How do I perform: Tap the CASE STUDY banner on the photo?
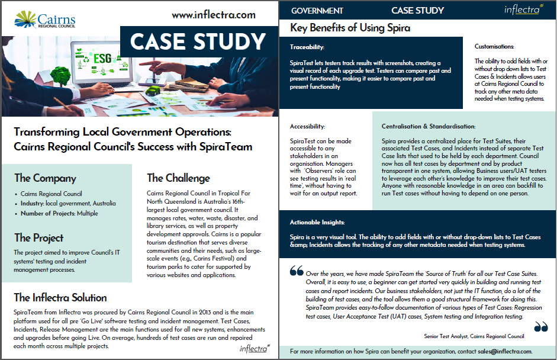(198, 41)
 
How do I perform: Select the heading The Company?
(45, 178)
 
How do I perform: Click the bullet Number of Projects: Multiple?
(59, 213)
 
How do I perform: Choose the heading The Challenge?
(178, 178)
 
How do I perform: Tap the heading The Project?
(38, 237)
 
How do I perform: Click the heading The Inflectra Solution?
(60, 297)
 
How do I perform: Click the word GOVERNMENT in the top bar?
(317, 11)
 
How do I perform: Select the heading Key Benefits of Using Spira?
(350, 28)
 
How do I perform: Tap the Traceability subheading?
(307, 47)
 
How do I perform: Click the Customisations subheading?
(494, 46)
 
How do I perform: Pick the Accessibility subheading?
(307, 126)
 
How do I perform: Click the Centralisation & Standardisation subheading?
(429, 126)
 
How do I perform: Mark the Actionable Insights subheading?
(317, 222)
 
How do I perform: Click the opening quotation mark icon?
(297, 271)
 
